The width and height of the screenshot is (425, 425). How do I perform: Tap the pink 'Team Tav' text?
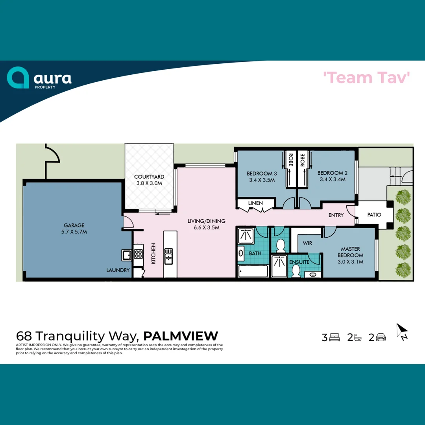(367, 78)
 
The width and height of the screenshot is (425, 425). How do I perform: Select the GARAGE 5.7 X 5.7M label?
(74, 229)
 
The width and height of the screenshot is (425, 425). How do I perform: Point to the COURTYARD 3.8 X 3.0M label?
(149, 180)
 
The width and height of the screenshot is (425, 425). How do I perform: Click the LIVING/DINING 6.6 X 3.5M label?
(203, 224)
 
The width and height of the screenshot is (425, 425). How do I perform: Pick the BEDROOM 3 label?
(262, 176)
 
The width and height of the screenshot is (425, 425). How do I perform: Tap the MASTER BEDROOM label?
(350, 255)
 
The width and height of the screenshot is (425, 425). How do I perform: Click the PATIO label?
(374, 215)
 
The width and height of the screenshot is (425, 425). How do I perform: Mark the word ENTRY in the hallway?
(336, 215)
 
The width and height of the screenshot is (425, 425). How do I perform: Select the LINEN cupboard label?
(255, 203)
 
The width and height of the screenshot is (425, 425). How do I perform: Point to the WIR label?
(307, 243)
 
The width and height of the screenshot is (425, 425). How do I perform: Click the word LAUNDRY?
(118, 270)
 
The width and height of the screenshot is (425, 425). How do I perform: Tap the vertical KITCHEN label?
(153, 253)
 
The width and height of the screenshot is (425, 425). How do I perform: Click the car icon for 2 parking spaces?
(381, 337)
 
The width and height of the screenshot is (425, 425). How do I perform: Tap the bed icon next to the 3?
(334, 337)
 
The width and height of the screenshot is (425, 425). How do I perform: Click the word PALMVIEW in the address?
(181, 336)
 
